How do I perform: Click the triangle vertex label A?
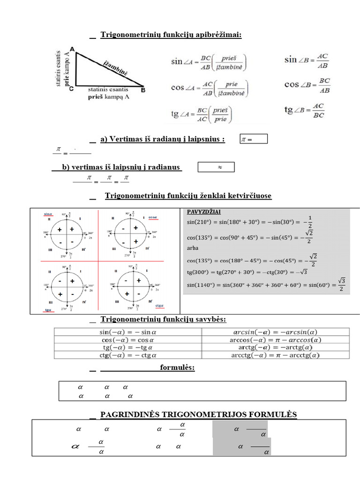(x=72, y=49)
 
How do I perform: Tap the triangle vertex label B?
(x=143, y=90)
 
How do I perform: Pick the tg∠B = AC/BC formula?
(x=305, y=110)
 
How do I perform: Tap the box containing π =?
(x=253, y=139)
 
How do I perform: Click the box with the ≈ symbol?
(x=216, y=167)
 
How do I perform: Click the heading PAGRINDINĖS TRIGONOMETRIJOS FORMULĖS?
(x=199, y=414)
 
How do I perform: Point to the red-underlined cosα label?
(x=153, y=217)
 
